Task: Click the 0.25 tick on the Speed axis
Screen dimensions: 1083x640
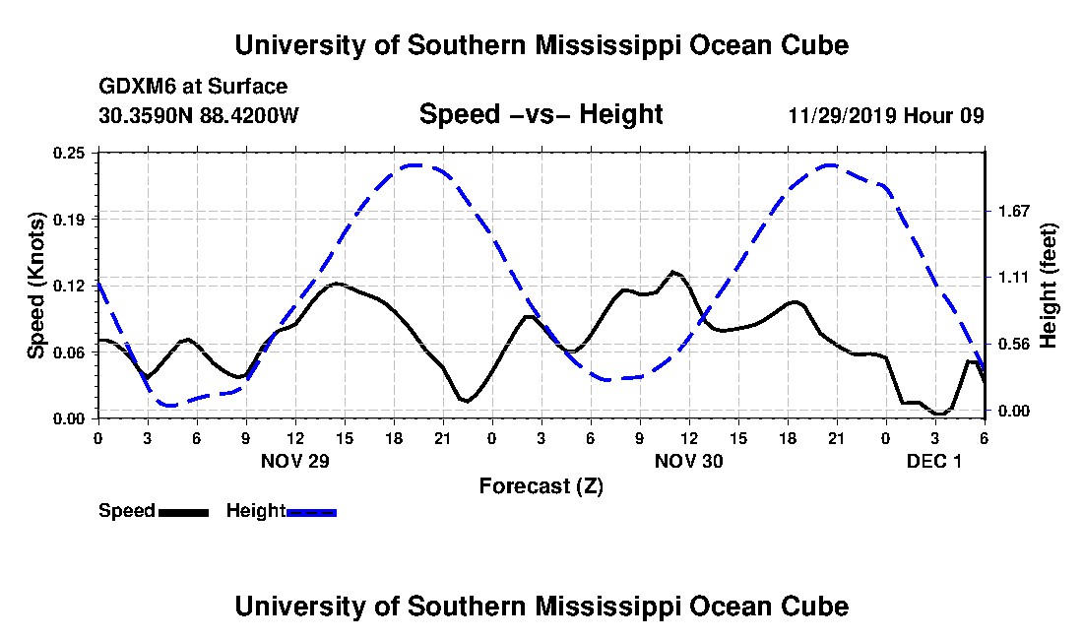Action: pos(69,153)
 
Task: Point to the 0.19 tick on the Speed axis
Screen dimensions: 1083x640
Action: pos(69,220)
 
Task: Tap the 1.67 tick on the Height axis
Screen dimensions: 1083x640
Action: pos(1014,212)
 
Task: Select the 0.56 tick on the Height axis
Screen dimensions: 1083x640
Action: pos(1014,345)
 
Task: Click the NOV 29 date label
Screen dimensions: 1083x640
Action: pos(295,461)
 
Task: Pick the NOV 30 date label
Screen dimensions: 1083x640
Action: pos(688,461)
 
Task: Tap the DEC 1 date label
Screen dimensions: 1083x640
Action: pos(933,461)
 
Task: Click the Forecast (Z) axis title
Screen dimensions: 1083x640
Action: pos(541,486)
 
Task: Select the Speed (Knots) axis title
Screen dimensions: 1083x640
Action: pos(36,286)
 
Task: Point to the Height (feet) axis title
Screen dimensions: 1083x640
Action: pos(1048,286)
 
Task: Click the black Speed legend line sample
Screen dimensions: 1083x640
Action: pos(183,512)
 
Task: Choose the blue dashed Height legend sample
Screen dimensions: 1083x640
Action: pos(311,512)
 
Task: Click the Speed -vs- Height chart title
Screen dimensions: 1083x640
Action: pos(541,114)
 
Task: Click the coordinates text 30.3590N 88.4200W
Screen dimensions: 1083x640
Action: pos(199,115)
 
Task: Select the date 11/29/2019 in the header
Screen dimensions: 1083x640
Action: pos(842,115)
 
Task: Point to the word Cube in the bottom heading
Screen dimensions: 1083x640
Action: pos(815,607)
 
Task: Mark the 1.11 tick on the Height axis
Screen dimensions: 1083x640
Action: pos(1014,278)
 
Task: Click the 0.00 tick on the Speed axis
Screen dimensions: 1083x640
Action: pos(69,419)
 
